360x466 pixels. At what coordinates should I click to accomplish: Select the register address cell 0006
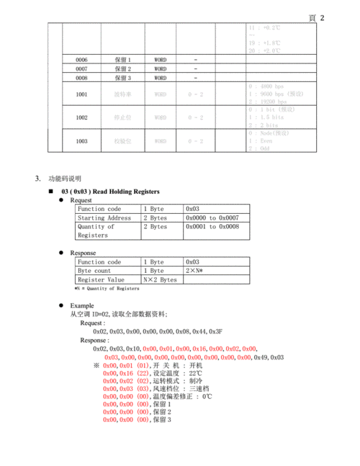pos(81,59)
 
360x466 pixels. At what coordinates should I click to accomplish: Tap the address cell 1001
pos(81,94)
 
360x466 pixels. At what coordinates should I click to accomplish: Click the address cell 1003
pos(81,142)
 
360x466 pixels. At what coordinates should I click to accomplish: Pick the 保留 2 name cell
pos(122,68)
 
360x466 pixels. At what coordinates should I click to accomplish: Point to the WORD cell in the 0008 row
pos(161,78)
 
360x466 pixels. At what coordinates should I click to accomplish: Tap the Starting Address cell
pos(104,218)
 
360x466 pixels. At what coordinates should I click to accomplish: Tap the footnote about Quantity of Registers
pos(107,289)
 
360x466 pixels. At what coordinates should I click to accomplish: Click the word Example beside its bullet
pos(82,305)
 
